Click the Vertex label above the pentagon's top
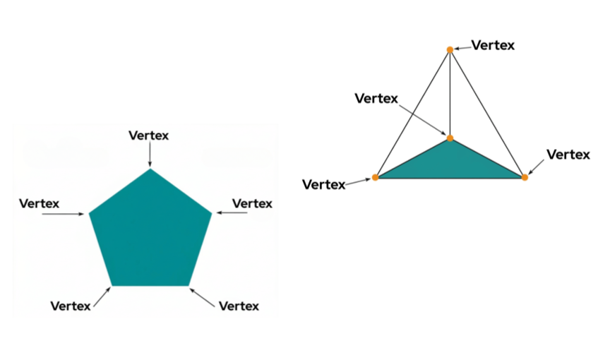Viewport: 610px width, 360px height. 148,136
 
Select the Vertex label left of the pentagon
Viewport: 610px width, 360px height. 39,204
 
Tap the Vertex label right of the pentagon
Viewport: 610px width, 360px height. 252,204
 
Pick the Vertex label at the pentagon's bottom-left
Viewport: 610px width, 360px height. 71,306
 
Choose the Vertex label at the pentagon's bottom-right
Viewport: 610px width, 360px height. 239,306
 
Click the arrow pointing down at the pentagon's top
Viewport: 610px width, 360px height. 150,155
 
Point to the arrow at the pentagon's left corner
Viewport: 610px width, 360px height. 63,214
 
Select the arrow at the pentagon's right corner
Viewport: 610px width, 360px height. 232,212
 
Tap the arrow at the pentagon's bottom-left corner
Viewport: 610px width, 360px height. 102,297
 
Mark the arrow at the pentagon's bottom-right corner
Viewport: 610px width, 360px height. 202,298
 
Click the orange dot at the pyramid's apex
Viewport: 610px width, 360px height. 450,49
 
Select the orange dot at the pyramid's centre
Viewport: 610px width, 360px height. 450,138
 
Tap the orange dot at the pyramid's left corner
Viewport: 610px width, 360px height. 375,178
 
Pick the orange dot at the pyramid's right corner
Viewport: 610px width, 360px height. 525,178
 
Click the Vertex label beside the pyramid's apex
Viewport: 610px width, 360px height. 493,45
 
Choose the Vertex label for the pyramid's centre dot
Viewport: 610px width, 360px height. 376,99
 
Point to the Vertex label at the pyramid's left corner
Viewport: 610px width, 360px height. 323,185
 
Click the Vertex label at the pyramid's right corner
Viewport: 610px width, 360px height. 568,155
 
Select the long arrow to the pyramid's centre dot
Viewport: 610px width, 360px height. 423,120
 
